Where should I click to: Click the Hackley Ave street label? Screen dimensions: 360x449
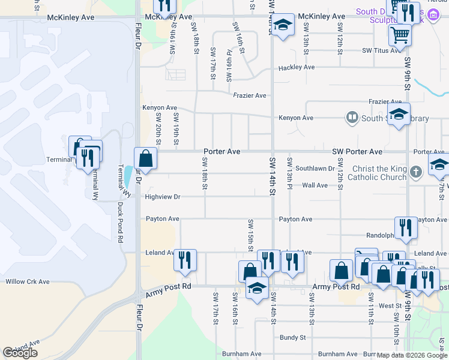click(x=297, y=68)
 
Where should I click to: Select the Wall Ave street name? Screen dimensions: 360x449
click(x=315, y=185)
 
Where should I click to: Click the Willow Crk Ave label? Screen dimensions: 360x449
click(x=27, y=281)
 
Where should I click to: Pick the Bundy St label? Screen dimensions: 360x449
click(x=292, y=338)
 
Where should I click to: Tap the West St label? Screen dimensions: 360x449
click(x=390, y=305)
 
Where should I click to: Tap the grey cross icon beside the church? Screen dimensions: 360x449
click(x=417, y=173)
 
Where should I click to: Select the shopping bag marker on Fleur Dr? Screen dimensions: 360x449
click(x=145, y=159)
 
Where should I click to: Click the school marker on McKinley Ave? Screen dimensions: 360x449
click(x=283, y=25)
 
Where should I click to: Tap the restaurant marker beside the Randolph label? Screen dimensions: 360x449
click(x=406, y=228)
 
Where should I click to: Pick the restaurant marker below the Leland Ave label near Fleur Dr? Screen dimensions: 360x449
click(x=185, y=260)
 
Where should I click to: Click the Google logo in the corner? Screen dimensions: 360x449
click(x=20, y=353)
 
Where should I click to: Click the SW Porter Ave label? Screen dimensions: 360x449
click(x=357, y=152)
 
